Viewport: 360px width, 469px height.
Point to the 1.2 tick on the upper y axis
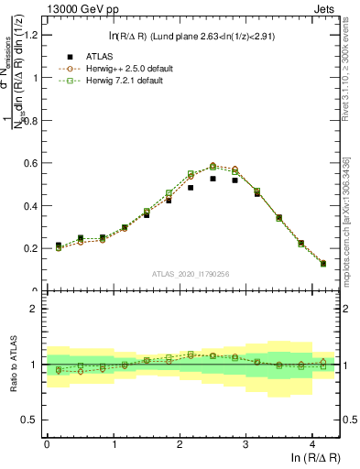30,35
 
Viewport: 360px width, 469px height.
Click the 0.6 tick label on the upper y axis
30,163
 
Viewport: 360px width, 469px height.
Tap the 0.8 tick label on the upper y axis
30,120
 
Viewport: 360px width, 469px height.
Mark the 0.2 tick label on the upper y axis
30,248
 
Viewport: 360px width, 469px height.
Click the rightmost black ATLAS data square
322,264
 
